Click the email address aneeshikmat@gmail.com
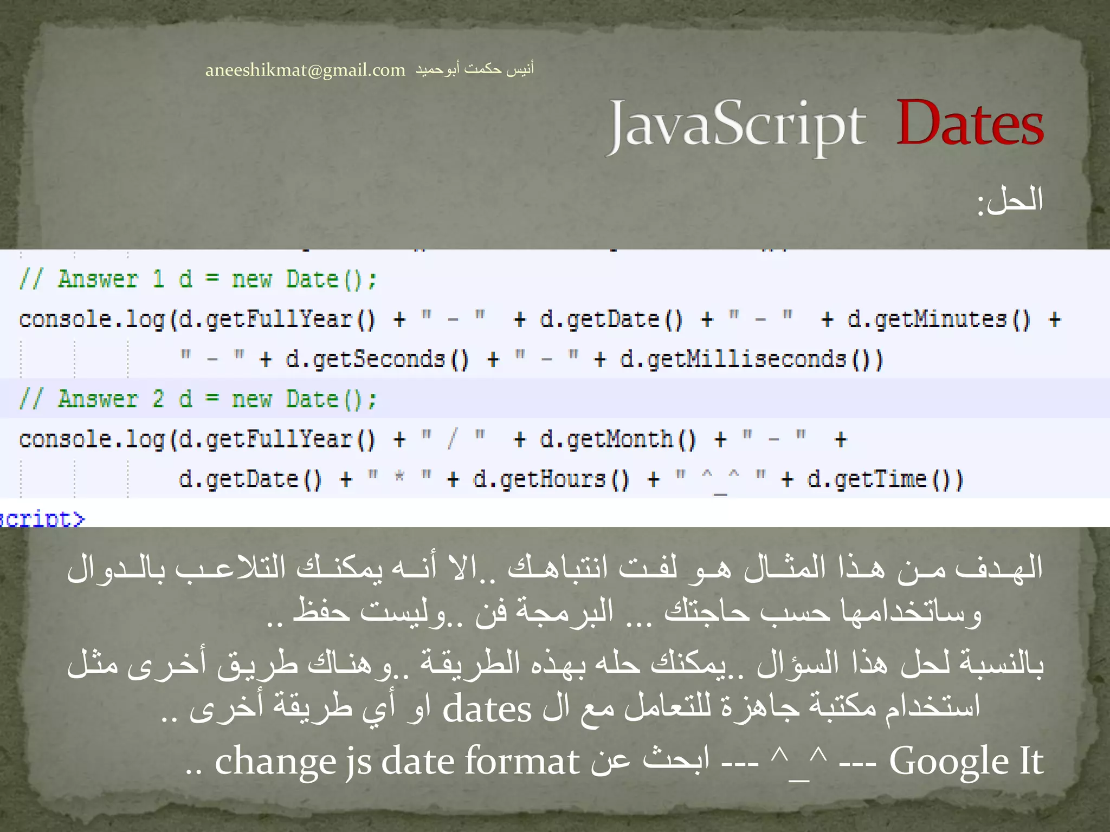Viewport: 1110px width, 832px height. coord(305,70)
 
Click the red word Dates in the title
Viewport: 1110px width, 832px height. coord(969,123)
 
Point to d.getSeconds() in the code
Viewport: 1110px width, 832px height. coord(377,360)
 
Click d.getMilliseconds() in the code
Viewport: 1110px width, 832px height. coord(751,360)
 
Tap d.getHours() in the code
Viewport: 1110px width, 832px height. coord(551,480)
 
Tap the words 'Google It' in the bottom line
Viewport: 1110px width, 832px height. coord(966,762)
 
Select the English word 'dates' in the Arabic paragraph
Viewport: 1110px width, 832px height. coord(487,710)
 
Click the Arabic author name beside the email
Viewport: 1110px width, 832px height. coord(475,69)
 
